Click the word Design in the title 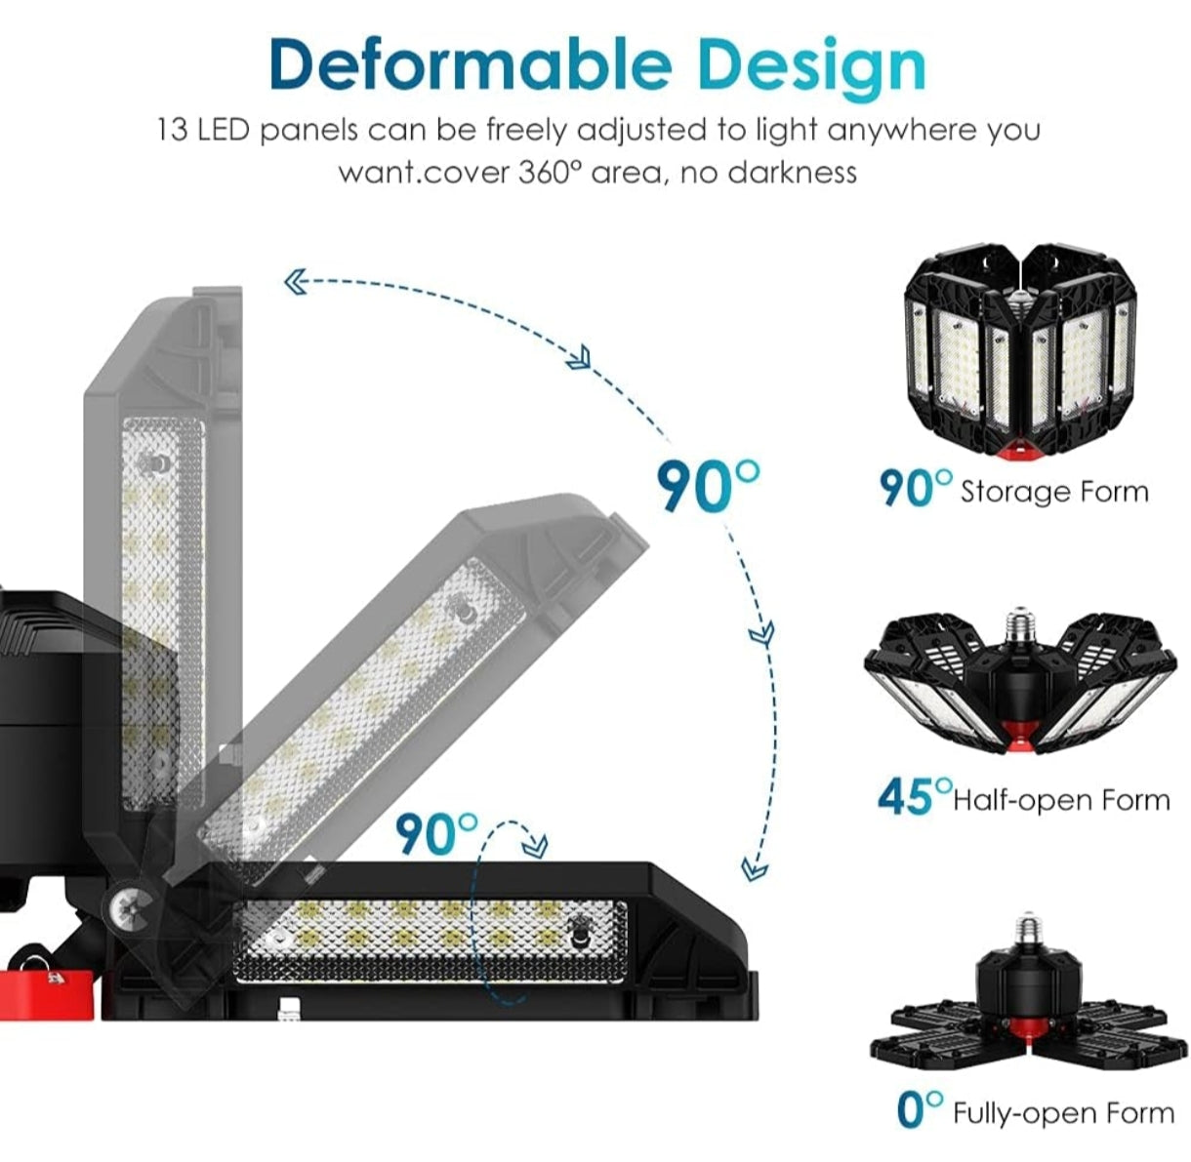pyautogui.click(x=812, y=66)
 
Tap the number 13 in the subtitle pyautogui.click(x=172, y=130)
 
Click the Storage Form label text pyautogui.click(x=1054, y=491)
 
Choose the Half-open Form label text pyautogui.click(x=1061, y=801)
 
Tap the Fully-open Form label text pyautogui.click(x=1063, y=1113)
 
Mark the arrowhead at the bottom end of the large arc pyautogui.click(x=754, y=866)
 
